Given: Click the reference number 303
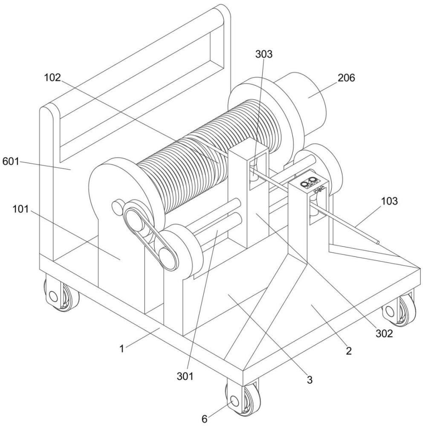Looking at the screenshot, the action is pos(263,54).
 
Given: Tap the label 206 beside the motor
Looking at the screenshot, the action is pos(346,78).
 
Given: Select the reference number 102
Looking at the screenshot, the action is pos(52,78).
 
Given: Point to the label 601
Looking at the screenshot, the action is pos(11,161).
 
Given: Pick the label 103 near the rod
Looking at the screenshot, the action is pos(389,201).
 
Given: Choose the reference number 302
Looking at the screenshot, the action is pos(384,334).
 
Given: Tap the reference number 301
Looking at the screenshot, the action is pos(185,376).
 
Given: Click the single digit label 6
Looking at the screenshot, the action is pos(205,419).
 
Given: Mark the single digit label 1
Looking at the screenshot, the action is pos(122,348).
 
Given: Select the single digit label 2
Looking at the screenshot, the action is pos(349,351).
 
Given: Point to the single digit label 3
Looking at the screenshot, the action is pos(310,379).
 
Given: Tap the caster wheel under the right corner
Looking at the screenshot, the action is pos(399,308).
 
